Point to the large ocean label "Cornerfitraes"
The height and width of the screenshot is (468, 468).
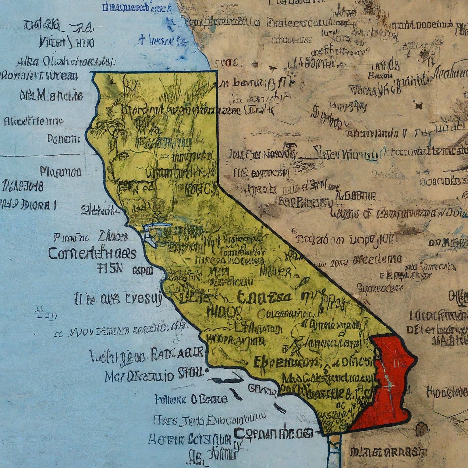click(x=92, y=253)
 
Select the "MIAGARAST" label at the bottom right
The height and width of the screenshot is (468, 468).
click(x=388, y=453)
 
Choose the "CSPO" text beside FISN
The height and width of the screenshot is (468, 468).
click(x=143, y=270)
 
